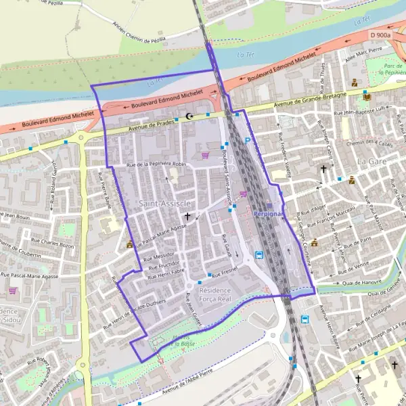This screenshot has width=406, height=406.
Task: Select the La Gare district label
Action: (x=371, y=162)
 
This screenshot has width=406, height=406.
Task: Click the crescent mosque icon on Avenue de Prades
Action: (x=189, y=116)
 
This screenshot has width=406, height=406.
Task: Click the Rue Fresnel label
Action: (x=223, y=275)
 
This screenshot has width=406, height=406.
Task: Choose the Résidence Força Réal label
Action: (x=215, y=294)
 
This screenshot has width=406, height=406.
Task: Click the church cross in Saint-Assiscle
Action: (x=187, y=216)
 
